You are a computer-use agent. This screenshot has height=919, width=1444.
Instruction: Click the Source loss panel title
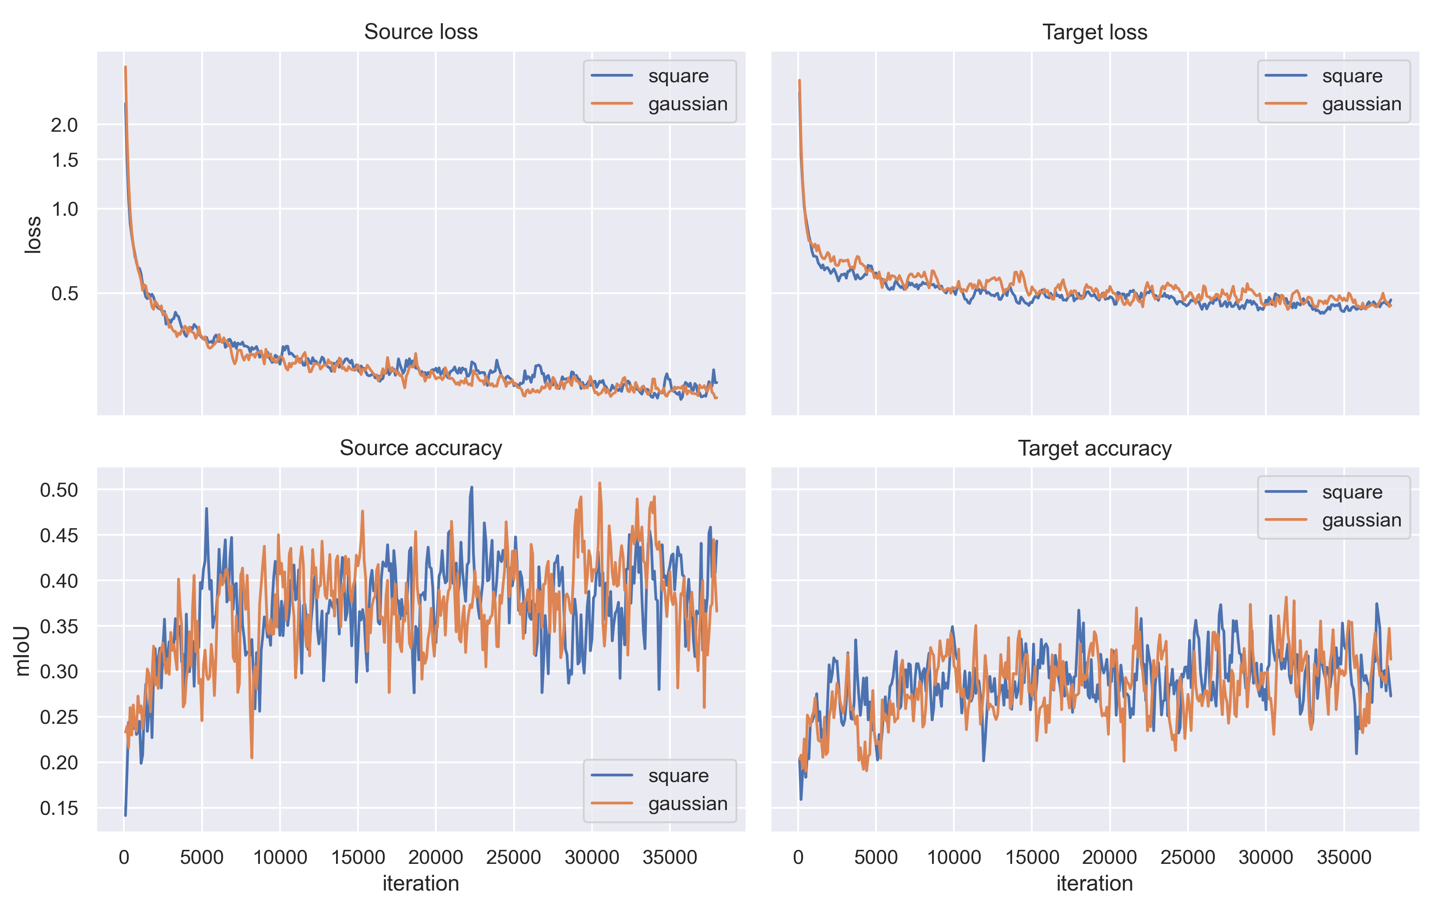click(x=421, y=32)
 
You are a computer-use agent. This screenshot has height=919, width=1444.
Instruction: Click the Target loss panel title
click(x=1094, y=32)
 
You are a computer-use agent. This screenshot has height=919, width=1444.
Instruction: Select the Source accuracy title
click(x=421, y=448)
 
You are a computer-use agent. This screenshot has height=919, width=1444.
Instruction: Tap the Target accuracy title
click(x=1094, y=448)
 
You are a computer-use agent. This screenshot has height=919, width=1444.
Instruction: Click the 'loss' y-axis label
click(x=33, y=235)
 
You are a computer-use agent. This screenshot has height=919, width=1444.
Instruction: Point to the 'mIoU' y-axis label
click(x=22, y=651)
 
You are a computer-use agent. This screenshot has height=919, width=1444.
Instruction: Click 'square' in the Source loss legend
click(x=678, y=76)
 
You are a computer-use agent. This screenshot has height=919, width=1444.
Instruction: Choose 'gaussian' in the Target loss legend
click(x=1361, y=104)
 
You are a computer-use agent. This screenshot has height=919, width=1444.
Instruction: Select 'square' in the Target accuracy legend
click(x=1352, y=492)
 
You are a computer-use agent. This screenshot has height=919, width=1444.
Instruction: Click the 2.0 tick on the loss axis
click(x=64, y=125)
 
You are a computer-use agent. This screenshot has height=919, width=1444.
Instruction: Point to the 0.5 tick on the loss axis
click(x=64, y=293)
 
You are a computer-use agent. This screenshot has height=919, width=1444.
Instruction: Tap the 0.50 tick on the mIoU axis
click(x=59, y=490)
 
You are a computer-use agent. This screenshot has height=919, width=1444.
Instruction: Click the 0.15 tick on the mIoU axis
click(x=59, y=808)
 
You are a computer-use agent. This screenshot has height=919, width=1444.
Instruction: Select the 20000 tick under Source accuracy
click(x=435, y=857)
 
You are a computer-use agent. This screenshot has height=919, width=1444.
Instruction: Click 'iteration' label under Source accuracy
click(x=421, y=884)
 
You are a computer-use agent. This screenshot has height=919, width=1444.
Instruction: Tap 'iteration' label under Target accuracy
click(x=1094, y=884)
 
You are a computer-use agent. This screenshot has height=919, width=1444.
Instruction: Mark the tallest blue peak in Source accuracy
click(x=471, y=488)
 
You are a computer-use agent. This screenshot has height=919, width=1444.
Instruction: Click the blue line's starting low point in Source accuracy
click(x=125, y=814)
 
